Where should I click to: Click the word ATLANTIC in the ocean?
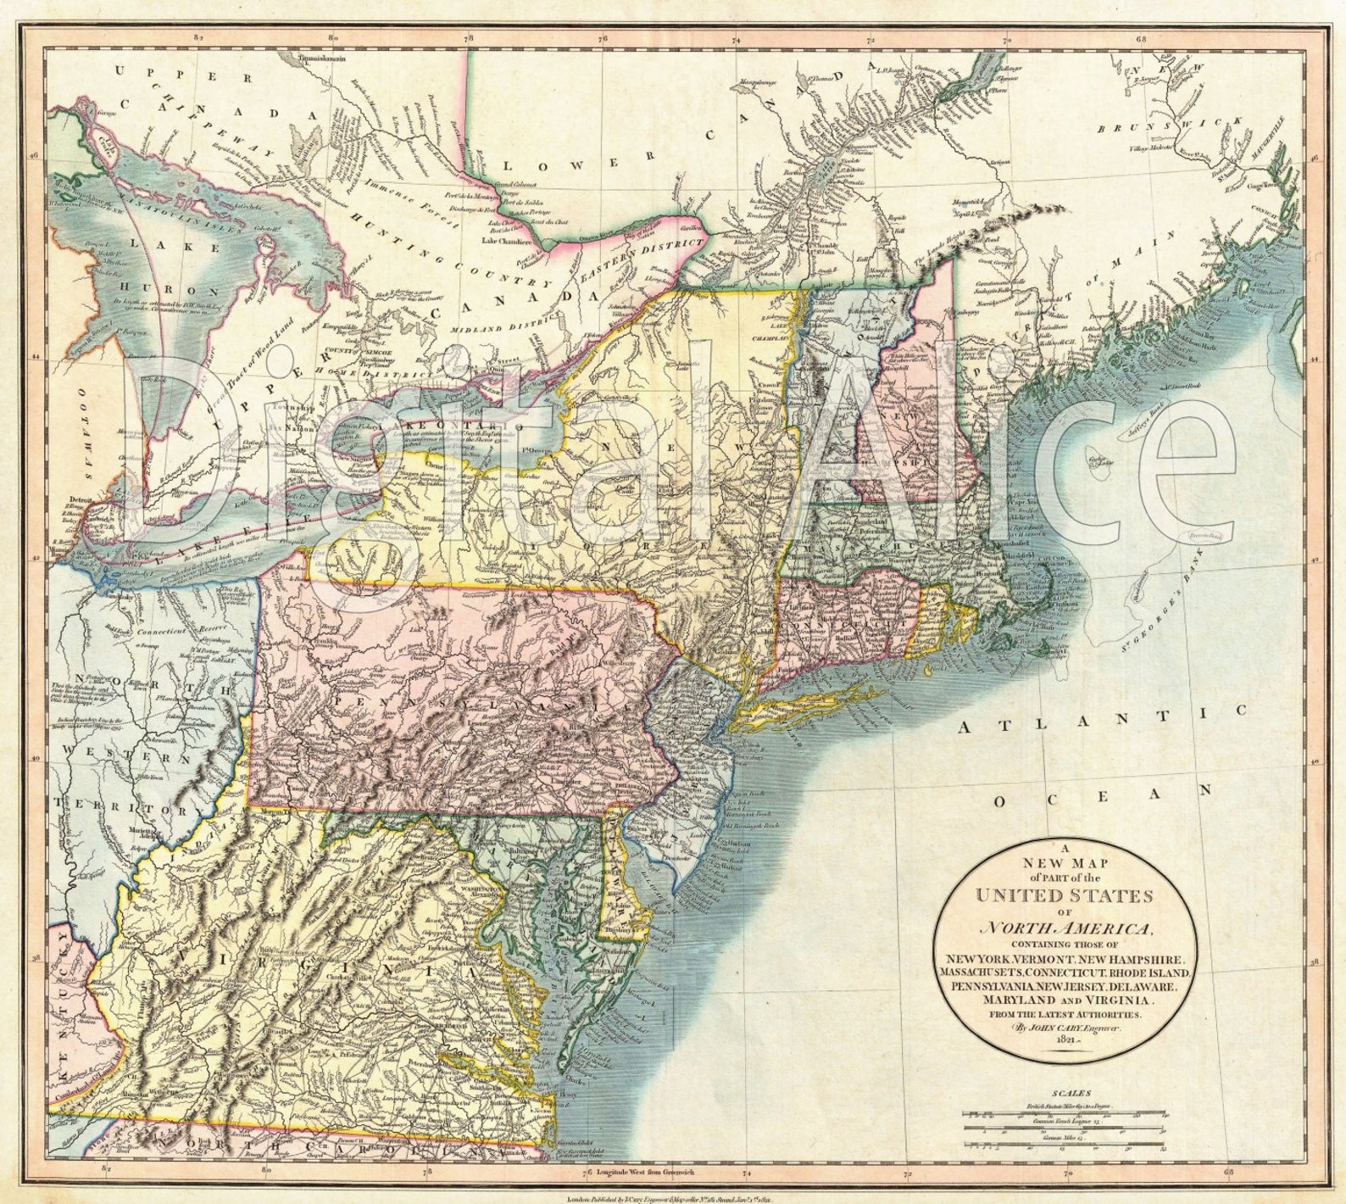coord(1104,717)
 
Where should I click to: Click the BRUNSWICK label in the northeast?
coord(1173,126)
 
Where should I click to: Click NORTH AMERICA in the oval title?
coord(1065,928)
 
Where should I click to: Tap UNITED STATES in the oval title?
coord(1065,895)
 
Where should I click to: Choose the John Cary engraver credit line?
coord(1065,1027)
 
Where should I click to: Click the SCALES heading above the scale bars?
coord(1070,1095)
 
